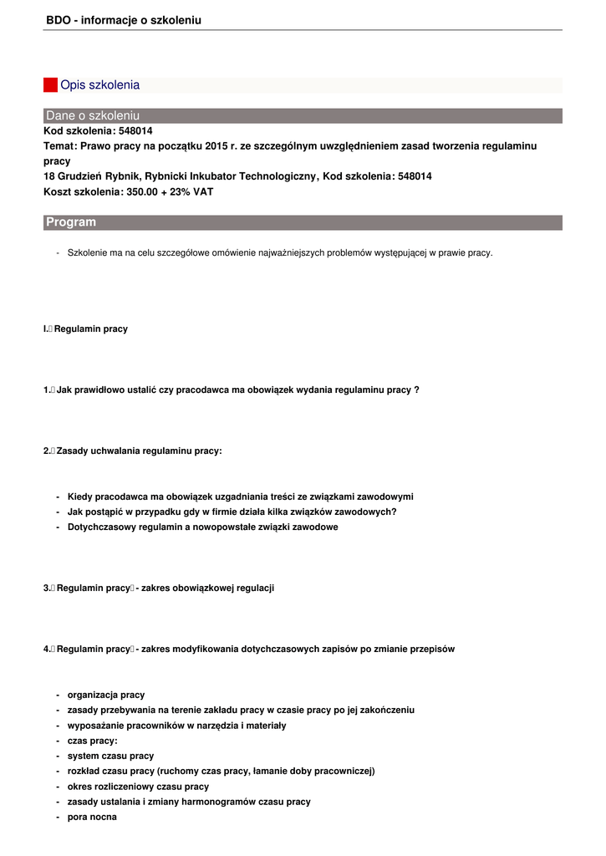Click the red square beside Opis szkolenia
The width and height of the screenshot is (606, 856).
50,85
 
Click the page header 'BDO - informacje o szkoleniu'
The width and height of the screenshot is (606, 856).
124,20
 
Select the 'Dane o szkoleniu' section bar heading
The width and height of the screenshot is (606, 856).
93,115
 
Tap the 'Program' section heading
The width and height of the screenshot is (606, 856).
71,222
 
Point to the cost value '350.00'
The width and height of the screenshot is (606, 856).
141,191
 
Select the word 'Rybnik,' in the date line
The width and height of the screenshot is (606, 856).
123,176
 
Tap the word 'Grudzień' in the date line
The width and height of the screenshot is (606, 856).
79,176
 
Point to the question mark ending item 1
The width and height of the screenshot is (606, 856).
416,390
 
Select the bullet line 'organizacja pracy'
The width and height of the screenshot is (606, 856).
106,695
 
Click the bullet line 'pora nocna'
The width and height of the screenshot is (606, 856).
92,818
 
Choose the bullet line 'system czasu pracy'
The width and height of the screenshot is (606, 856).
110,757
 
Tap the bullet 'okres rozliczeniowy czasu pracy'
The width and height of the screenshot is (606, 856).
138,787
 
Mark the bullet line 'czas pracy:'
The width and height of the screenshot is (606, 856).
92,741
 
